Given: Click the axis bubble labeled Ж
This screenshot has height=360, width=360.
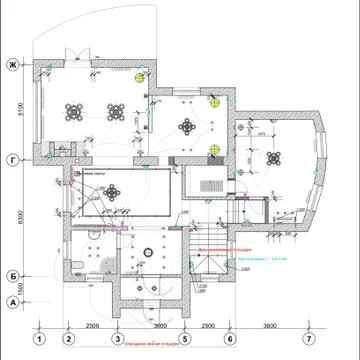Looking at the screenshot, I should (x=13, y=66).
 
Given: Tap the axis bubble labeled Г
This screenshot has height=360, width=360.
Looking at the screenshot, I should (x=13, y=159).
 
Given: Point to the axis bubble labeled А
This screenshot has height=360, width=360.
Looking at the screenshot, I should (x=13, y=301).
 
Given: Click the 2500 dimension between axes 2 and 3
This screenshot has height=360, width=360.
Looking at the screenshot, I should (x=91, y=325).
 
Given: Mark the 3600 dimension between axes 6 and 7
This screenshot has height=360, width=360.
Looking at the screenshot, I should (x=269, y=325).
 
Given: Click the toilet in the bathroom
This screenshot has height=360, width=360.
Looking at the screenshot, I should (x=78, y=264).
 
